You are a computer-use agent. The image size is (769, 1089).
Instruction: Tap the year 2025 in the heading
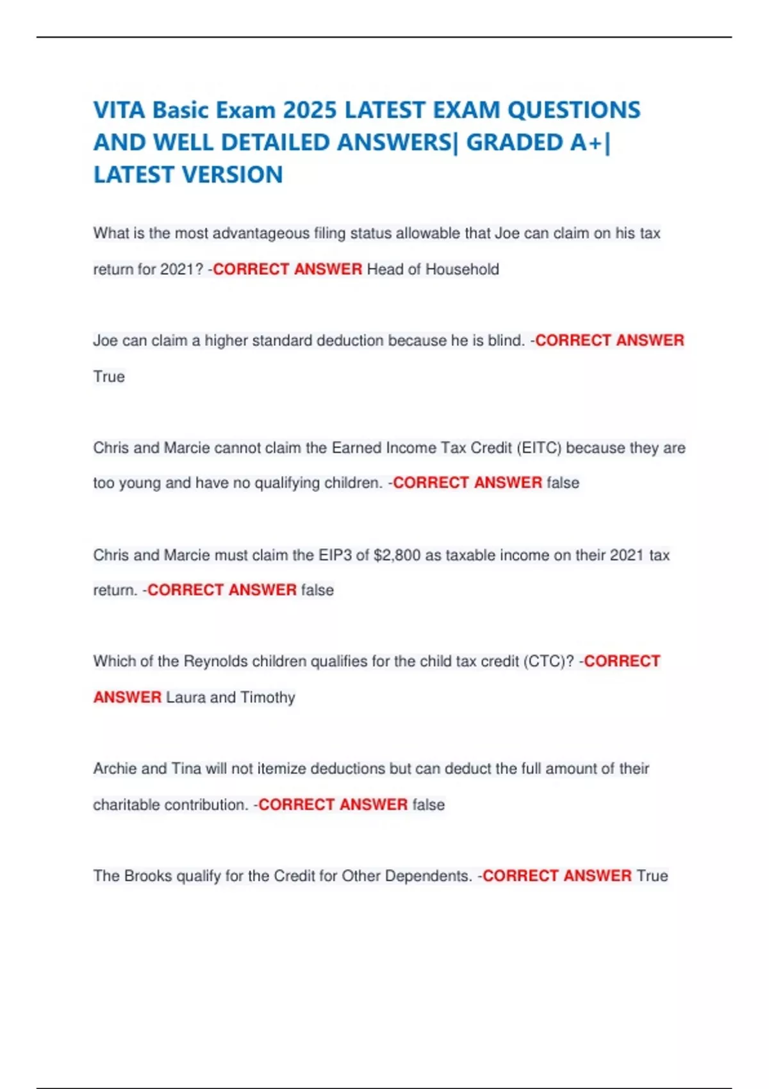[310, 110]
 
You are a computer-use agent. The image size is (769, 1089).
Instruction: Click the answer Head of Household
[433, 269]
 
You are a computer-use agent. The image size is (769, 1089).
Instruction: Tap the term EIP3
[335, 555]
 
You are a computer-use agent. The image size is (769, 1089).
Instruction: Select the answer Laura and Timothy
[231, 697]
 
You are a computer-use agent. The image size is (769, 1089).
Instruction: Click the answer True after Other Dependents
[652, 876]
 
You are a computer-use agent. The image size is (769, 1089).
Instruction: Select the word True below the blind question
[109, 377]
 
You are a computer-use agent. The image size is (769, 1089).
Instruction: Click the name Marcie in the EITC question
[186, 448]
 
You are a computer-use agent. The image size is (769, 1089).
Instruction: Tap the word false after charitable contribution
[428, 805]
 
